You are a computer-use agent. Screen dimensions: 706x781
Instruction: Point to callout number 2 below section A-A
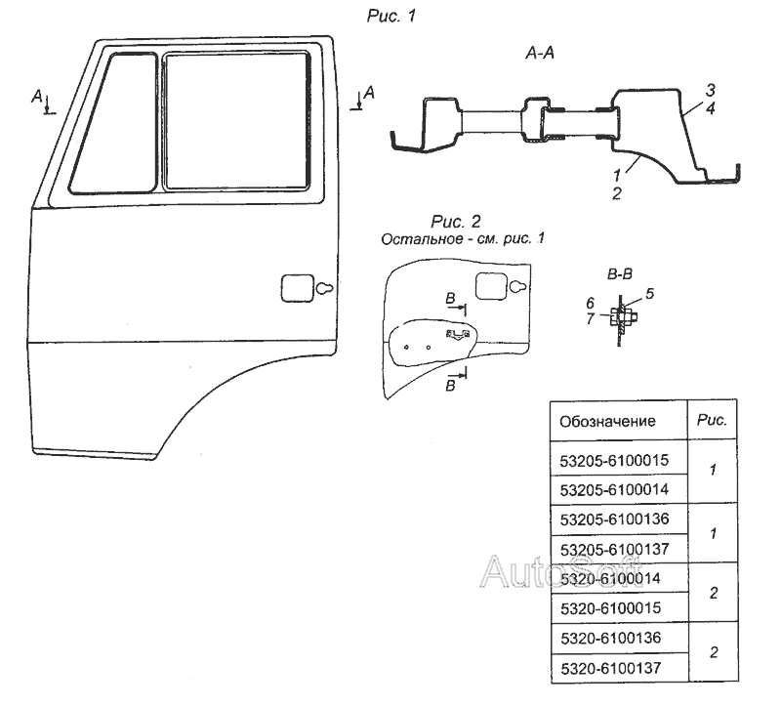click(616, 194)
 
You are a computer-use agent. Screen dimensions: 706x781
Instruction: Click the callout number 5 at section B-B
click(650, 292)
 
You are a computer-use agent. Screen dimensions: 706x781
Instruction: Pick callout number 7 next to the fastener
click(589, 304)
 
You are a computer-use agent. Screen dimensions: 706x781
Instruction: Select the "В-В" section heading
click(617, 276)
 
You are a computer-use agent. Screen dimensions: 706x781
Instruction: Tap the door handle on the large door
click(303, 288)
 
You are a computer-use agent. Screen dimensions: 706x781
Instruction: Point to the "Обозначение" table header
click(605, 422)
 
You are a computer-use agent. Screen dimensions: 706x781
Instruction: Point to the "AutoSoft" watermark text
click(561, 569)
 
